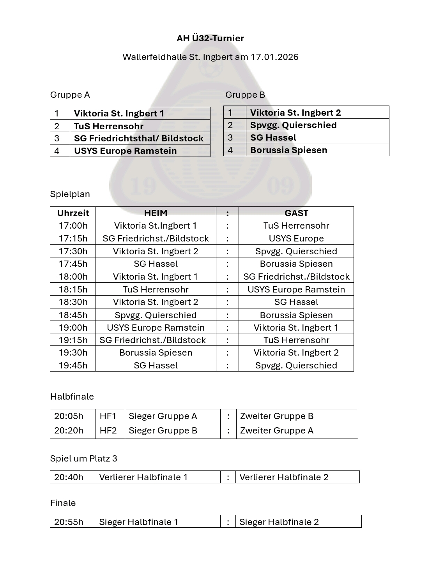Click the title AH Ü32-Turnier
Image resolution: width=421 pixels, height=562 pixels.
coord(210,38)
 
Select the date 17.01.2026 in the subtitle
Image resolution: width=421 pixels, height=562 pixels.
coord(274,57)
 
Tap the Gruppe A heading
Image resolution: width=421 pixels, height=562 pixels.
coord(70,95)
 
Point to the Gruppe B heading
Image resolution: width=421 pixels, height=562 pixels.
coord(245,95)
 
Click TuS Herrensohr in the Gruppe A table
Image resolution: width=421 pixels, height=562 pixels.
coord(109,126)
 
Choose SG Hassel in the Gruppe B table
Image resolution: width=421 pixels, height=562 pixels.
coord(273,137)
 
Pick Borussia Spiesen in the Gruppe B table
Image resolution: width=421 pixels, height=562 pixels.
coord(288,150)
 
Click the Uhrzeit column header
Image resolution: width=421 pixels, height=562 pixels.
coord(73,213)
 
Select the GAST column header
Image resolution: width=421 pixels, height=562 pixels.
coord(296,213)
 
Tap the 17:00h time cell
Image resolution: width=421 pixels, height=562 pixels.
coord(73,226)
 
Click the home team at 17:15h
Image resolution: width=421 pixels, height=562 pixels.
coord(156,238)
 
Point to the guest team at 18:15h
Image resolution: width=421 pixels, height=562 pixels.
coord(296,289)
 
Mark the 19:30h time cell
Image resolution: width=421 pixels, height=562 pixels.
coord(73,352)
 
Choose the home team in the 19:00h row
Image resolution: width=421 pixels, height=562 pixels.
coord(156,328)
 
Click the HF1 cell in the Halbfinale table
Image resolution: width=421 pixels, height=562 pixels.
coord(108,416)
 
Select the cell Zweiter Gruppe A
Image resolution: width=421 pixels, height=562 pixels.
coord(277,430)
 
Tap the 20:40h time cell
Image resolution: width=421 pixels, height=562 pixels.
coord(69,477)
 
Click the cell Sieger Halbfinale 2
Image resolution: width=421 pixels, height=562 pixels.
coord(279,522)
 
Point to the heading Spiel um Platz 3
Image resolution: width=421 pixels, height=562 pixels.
coord(83,458)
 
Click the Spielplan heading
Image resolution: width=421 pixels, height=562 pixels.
coord(70,194)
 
